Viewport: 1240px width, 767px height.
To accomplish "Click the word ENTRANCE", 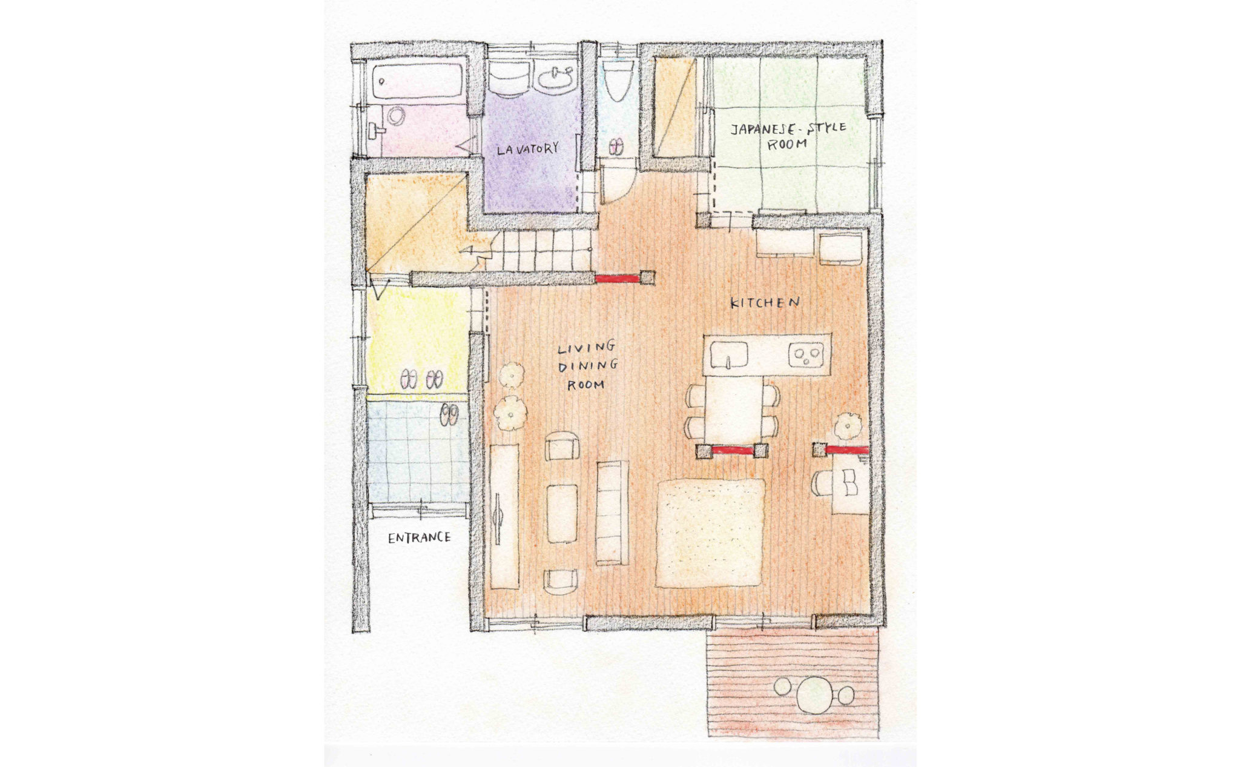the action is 419,537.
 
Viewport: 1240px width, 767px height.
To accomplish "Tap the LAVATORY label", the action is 527,149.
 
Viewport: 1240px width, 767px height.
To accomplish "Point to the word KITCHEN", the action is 765,302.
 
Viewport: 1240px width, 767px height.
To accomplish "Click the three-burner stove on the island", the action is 806,354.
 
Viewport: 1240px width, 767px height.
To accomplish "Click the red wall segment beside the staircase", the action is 618,279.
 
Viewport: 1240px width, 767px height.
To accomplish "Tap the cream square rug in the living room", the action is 710,533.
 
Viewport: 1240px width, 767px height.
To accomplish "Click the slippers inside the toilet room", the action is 617,147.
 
